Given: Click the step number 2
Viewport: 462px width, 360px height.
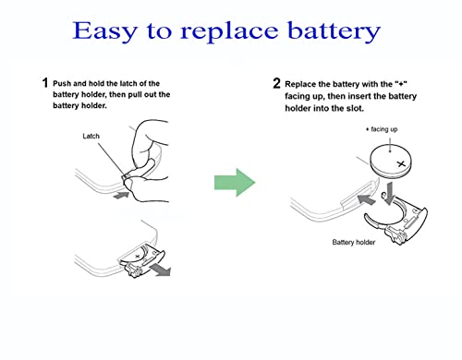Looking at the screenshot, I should pyautogui.click(x=276, y=83).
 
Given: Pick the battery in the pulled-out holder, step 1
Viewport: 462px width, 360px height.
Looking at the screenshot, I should pyautogui.click(x=140, y=251).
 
